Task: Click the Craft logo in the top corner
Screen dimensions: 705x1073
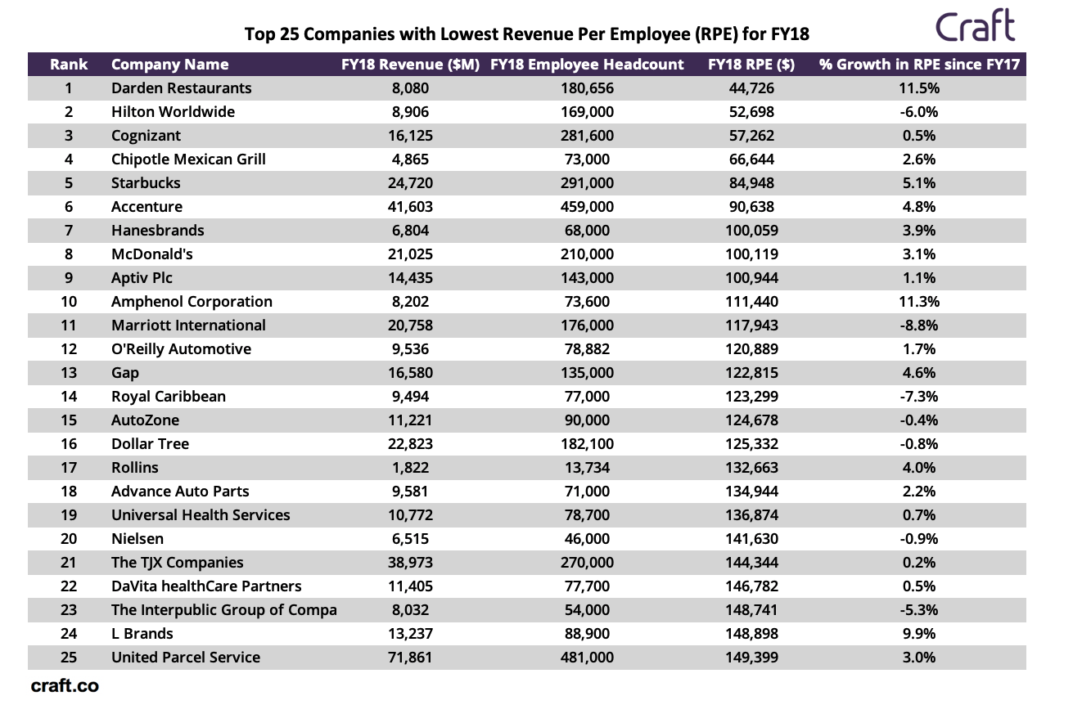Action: tap(975, 26)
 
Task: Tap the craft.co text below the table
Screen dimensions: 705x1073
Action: tap(65, 686)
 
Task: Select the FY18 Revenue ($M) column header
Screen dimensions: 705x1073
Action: tap(410, 65)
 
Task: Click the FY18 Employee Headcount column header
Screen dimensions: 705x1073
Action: tap(587, 65)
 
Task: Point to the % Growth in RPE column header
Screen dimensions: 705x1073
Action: tap(919, 65)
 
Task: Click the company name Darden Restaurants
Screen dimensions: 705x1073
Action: tap(181, 88)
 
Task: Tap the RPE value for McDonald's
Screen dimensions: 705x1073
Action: tap(751, 254)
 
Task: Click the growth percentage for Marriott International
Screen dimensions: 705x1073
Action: tap(919, 326)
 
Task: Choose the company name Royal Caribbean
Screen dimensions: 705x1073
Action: tap(168, 397)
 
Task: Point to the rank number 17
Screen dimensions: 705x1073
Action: tap(69, 468)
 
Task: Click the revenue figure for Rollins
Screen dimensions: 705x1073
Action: tap(410, 468)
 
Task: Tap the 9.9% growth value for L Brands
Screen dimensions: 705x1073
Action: tap(919, 634)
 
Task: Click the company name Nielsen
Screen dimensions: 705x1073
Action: tap(137, 539)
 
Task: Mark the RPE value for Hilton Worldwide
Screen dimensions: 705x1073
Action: tap(751, 112)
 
